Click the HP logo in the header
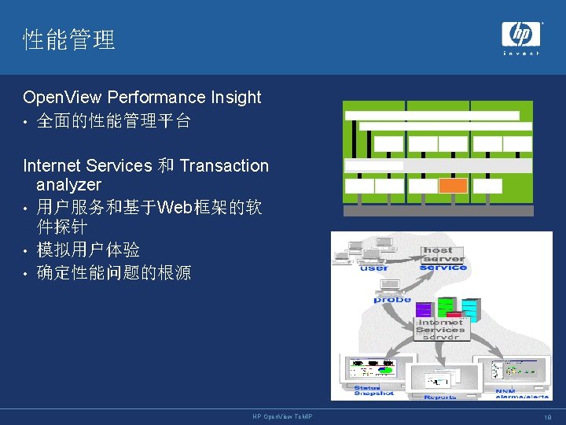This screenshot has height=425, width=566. pyautogui.click(x=520, y=35)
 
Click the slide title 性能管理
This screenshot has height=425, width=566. pyautogui.click(x=69, y=39)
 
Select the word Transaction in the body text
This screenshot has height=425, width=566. pyautogui.click(x=224, y=166)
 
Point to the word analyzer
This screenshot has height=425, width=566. pyautogui.click(x=68, y=185)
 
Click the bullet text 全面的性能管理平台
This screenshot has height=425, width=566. pyautogui.click(x=114, y=122)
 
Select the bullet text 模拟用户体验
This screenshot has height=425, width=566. pyautogui.click(x=89, y=250)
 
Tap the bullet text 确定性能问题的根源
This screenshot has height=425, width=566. pyautogui.click(x=114, y=273)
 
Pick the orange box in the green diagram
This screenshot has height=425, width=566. pyautogui.click(x=453, y=186)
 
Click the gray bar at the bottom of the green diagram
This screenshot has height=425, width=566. pyautogui.click(x=438, y=211)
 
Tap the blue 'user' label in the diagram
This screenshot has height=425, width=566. pyautogui.click(x=374, y=268)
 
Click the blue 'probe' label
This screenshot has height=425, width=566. pyautogui.click(x=392, y=300)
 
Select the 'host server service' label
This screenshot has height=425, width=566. pyautogui.click(x=443, y=259)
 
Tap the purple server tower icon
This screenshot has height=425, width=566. pyautogui.click(x=424, y=310)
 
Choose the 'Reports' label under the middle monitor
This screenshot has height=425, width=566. pyautogui.click(x=440, y=397)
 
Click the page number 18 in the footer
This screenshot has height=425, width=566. pyautogui.click(x=547, y=417)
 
